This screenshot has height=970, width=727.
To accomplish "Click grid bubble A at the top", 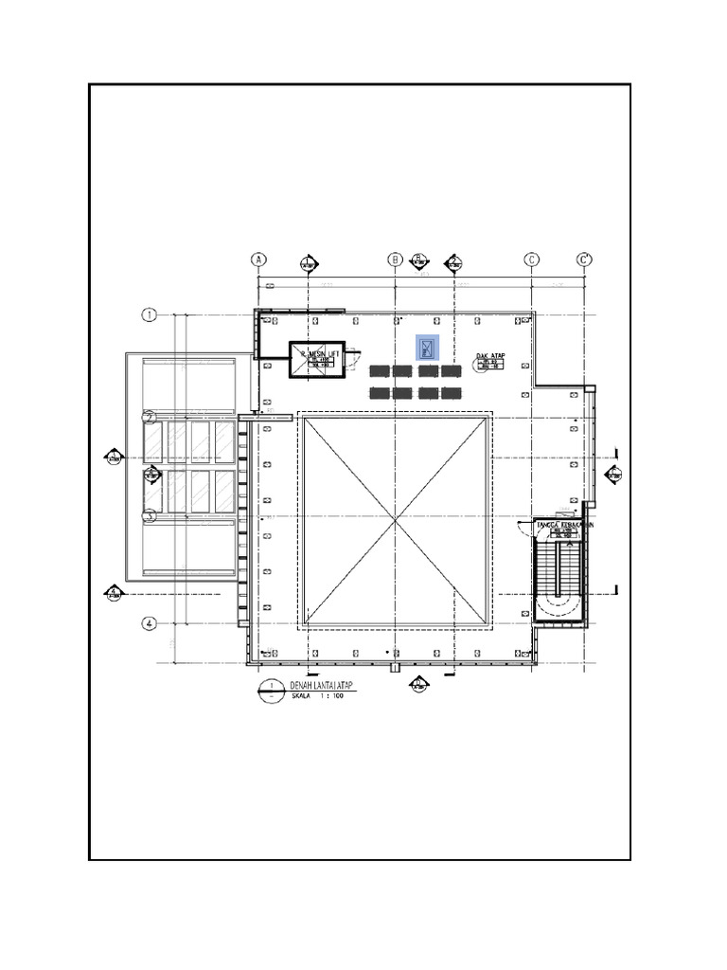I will click(257, 260).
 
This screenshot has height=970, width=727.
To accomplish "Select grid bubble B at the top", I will click(395, 260).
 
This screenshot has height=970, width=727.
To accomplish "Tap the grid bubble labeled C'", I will click(585, 260).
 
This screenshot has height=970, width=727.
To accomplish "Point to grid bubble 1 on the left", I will click(149, 315).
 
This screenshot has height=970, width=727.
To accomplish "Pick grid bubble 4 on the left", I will click(149, 623).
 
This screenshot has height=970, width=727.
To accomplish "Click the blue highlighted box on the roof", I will click(428, 348).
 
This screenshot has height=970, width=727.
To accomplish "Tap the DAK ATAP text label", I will click(489, 357).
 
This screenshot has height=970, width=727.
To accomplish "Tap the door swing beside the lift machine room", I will click(354, 358).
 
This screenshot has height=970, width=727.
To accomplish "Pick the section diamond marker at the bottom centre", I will click(417, 684).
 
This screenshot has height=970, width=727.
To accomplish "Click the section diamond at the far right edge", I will click(613, 474).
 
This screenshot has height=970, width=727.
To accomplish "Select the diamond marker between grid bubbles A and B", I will click(308, 263).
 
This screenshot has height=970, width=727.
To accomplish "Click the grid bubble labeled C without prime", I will click(532, 260).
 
